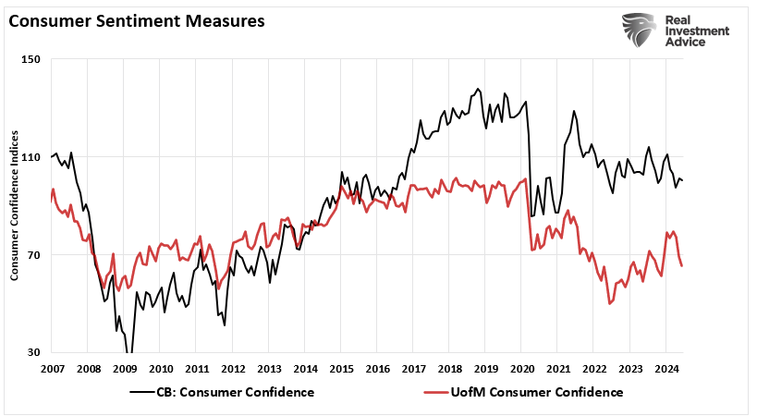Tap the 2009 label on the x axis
click(x=125, y=368)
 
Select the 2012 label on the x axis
click(x=233, y=368)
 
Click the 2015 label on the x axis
click(x=341, y=368)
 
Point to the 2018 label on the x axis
click(x=449, y=368)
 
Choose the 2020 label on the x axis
click(x=521, y=368)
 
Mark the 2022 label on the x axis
click(x=593, y=368)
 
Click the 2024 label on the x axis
click(x=665, y=368)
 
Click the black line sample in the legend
click(x=141, y=392)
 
